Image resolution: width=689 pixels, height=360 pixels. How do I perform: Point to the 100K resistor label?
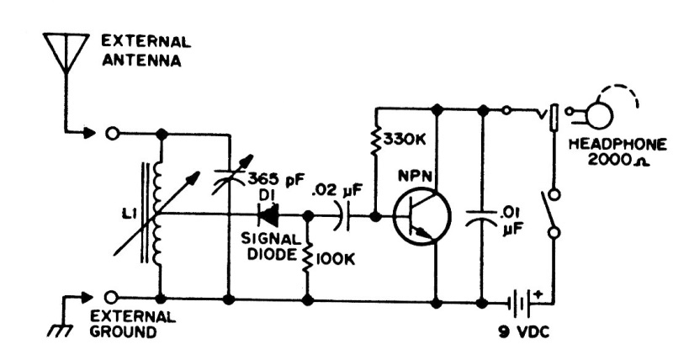pyautogui.click(x=336, y=258)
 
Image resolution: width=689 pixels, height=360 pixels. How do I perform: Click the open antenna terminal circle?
pyautogui.click(x=110, y=133)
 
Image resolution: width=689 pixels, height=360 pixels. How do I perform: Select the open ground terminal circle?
pyautogui.click(x=110, y=298)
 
